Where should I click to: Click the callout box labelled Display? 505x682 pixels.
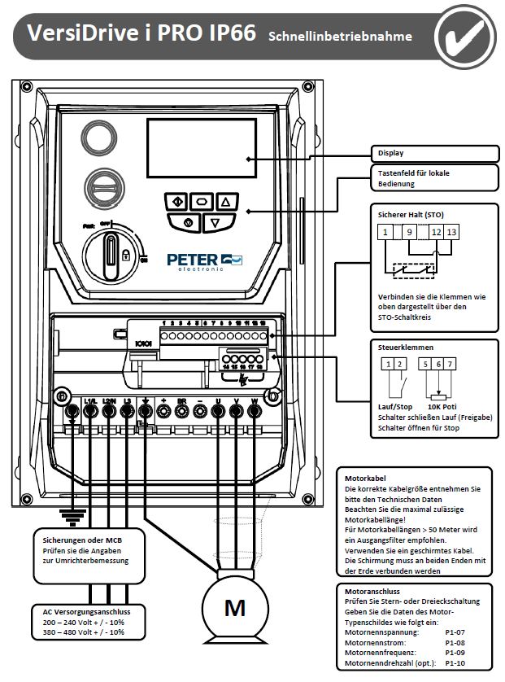click(x=434, y=152)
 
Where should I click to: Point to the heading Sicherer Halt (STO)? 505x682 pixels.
click(x=411, y=215)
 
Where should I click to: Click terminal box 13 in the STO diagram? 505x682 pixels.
click(x=452, y=233)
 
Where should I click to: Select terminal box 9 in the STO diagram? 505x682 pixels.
click(x=410, y=233)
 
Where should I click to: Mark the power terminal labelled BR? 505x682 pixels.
click(x=181, y=401)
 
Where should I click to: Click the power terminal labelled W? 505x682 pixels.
click(x=255, y=401)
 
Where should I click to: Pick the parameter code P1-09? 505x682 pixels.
click(x=455, y=653)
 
